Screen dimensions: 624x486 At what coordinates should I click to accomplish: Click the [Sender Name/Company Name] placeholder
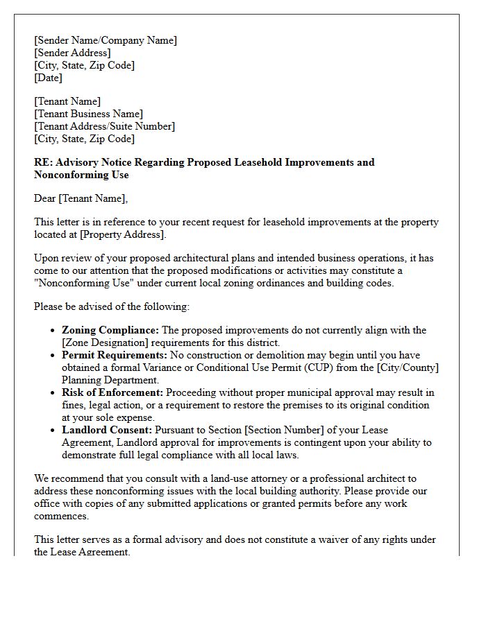pyautogui.click(x=106, y=40)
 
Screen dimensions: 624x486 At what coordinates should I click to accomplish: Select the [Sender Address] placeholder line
pyautogui.click(x=72, y=53)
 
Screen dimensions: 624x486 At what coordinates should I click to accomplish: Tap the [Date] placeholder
pyautogui.click(x=48, y=78)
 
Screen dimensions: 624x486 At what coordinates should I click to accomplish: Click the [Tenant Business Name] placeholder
pyautogui.click(x=89, y=114)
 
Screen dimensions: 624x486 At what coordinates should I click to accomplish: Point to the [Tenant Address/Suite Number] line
pyautogui.click(x=104, y=126)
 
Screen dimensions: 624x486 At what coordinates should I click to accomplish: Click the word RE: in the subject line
pyautogui.click(x=43, y=162)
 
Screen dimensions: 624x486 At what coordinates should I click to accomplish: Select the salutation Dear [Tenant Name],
pyautogui.click(x=81, y=198)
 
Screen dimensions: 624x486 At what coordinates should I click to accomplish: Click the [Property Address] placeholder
pyautogui.click(x=122, y=234)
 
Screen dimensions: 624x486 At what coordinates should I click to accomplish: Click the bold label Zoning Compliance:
pyautogui.click(x=110, y=330)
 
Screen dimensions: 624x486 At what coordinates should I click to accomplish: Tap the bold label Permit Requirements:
pyautogui.click(x=114, y=355)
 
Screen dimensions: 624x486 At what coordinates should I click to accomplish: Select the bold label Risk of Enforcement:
pyautogui.click(x=112, y=392)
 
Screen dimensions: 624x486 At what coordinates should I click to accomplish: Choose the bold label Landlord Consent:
pyautogui.click(x=106, y=430)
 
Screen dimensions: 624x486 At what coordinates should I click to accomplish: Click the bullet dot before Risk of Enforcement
pyautogui.click(x=53, y=393)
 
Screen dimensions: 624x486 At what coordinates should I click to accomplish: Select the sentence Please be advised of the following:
pyautogui.click(x=111, y=306)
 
